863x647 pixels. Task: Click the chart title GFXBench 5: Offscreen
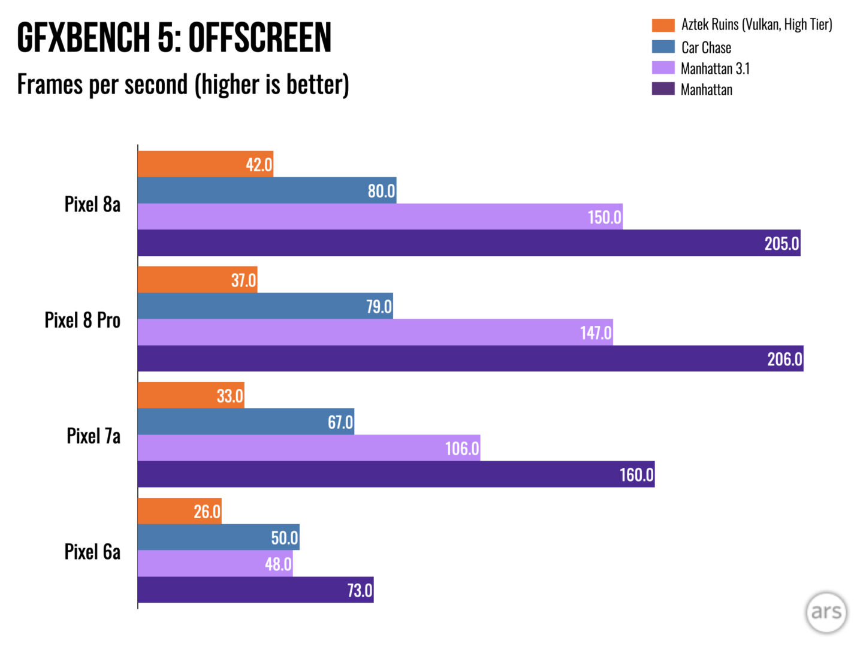tap(174, 38)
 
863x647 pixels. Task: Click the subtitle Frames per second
tap(183, 84)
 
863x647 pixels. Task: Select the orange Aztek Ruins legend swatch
tap(663, 25)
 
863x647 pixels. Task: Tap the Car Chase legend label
tap(706, 47)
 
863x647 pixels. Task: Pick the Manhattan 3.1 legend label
tap(715, 69)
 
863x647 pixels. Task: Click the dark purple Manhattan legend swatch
tap(663, 89)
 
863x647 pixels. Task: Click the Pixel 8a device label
tap(92, 204)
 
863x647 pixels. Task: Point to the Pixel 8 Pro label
tap(83, 320)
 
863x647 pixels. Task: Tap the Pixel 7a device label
tap(93, 436)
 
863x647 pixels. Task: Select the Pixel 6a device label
tap(92, 551)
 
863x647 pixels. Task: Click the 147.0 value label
tap(596, 332)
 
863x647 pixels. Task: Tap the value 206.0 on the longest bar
tap(784, 359)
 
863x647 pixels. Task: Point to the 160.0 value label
tap(636, 474)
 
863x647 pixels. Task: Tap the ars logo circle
tap(826, 612)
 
